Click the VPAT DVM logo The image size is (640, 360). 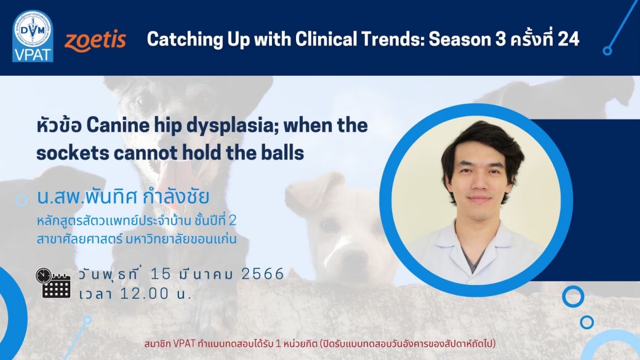click(x=33, y=36)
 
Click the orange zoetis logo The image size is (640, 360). click(x=95, y=41)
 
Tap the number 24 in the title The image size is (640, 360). click(x=568, y=39)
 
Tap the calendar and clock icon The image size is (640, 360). click(x=53, y=283)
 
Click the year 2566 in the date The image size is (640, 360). click(x=262, y=274)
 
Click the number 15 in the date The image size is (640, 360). click(x=161, y=274)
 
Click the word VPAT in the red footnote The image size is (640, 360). click(x=184, y=343)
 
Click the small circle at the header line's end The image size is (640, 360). click(x=607, y=50)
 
